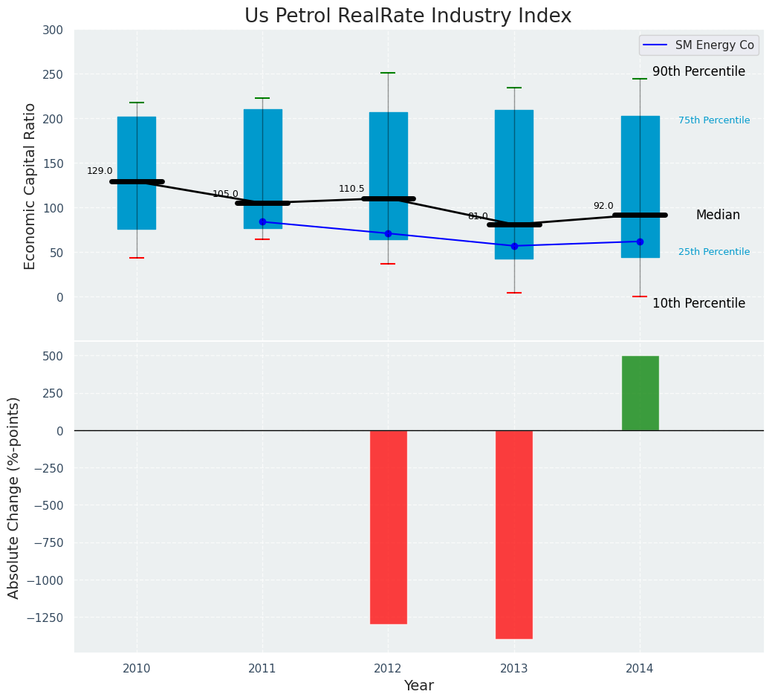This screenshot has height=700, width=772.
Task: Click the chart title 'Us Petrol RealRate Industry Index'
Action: tap(408, 16)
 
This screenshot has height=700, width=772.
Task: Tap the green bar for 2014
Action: tap(640, 393)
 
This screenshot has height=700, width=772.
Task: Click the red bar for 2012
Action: tap(388, 527)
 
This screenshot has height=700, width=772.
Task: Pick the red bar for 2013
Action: tap(514, 534)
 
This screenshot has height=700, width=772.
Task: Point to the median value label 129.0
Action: tap(100, 171)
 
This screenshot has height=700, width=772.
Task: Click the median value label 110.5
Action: tap(351, 189)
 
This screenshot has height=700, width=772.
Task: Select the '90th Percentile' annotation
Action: tap(698, 72)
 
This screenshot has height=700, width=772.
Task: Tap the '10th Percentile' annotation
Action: tap(698, 303)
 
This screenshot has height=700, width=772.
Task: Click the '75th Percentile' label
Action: tap(714, 120)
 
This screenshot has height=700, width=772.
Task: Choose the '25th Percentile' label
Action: tap(714, 252)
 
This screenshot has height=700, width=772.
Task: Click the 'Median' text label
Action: tap(718, 215)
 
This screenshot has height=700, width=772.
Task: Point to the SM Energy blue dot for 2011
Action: tap(262, 221)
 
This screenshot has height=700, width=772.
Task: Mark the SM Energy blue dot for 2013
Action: tap(514, 246)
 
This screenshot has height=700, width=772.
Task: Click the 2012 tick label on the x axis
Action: tap(388, 669)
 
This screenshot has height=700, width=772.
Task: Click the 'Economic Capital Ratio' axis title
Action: tap(30, 186)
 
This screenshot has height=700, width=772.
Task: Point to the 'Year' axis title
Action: tap(418, 686)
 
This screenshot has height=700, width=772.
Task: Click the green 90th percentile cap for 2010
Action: tap(137, 103)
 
